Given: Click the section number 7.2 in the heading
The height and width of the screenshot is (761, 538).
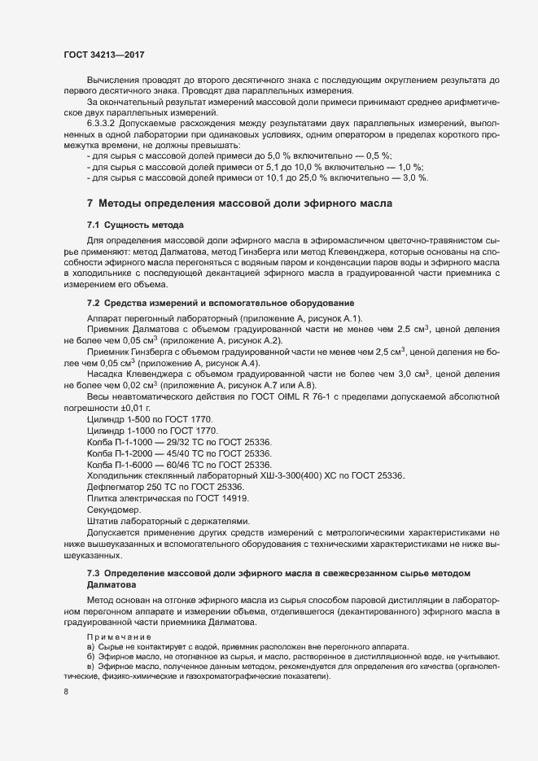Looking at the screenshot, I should click(x=94, y=303).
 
